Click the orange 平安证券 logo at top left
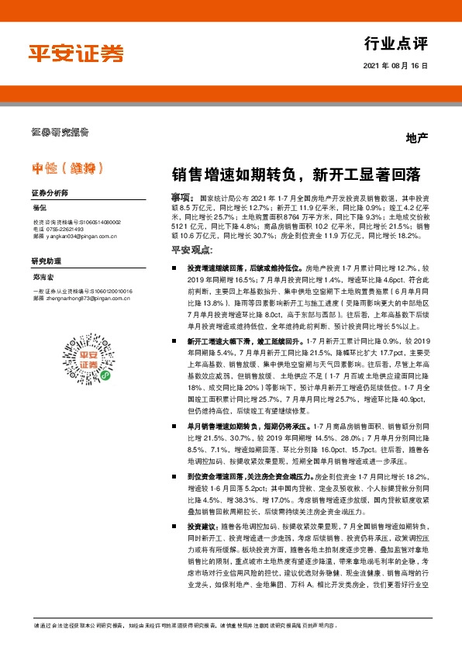(76, 52)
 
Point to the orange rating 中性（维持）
(67, 166)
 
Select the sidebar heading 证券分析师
(50, 192)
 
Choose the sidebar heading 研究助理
(45, 261)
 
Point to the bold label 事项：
(182, 199)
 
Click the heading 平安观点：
(191, 250)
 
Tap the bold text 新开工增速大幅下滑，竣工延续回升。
(236, 340)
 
